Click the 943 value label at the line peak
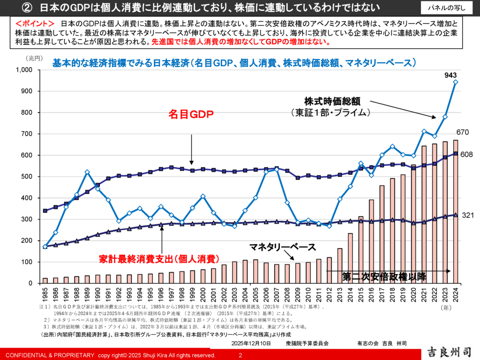click(451, 75)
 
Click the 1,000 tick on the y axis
click(24, 70)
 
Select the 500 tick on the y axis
click(27, 177)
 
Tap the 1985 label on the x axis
click(45, 296)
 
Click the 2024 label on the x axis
click(456, 296)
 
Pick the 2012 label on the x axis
click(330, 296)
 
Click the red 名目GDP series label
click(191, 114)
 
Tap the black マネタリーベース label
click(282, 247)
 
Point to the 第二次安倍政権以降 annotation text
click(384, 276)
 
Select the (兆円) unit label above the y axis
click(34, 58)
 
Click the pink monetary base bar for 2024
click(456, 211)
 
